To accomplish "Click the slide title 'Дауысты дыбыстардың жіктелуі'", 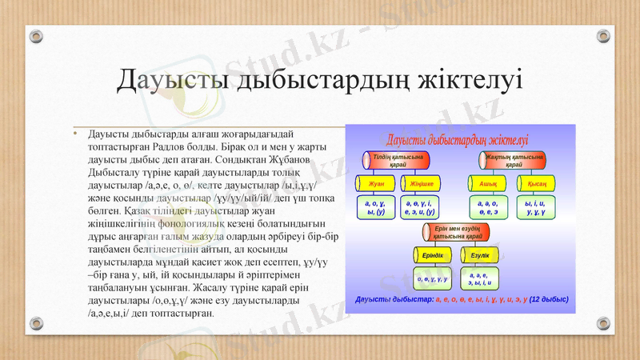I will point(320,80).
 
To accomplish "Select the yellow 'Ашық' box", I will point(488,184).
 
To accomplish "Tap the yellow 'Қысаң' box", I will point(536,184).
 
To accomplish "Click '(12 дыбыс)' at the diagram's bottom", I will point(549,300).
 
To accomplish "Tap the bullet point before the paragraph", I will point(74,133).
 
